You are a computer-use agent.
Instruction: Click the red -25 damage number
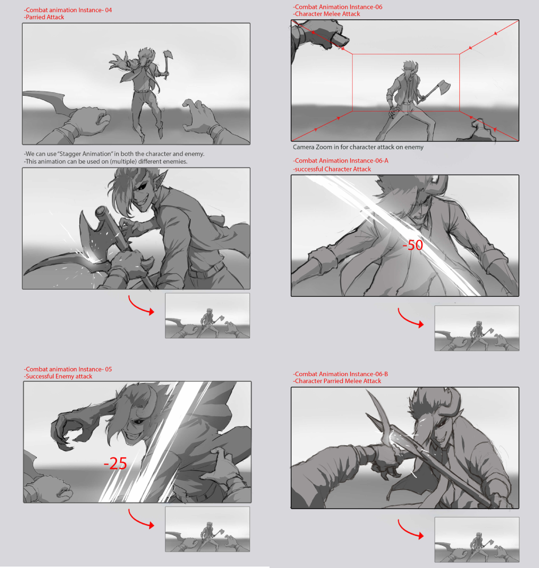click(115, 463)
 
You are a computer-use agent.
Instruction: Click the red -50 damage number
click(413, 245)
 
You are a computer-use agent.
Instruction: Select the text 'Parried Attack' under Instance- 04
click(44, 17)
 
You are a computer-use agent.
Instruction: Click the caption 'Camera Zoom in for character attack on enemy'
click(358, 147)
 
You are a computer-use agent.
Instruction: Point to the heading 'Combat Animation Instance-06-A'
click(340, 161)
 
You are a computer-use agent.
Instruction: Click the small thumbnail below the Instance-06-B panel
click(477, 540)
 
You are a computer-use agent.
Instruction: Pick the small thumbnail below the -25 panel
click(207, 529)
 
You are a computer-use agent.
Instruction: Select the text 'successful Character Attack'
click(332, 169)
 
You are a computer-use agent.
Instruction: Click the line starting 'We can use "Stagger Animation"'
click(114, 154)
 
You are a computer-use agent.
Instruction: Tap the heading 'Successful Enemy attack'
click(58, 376)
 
